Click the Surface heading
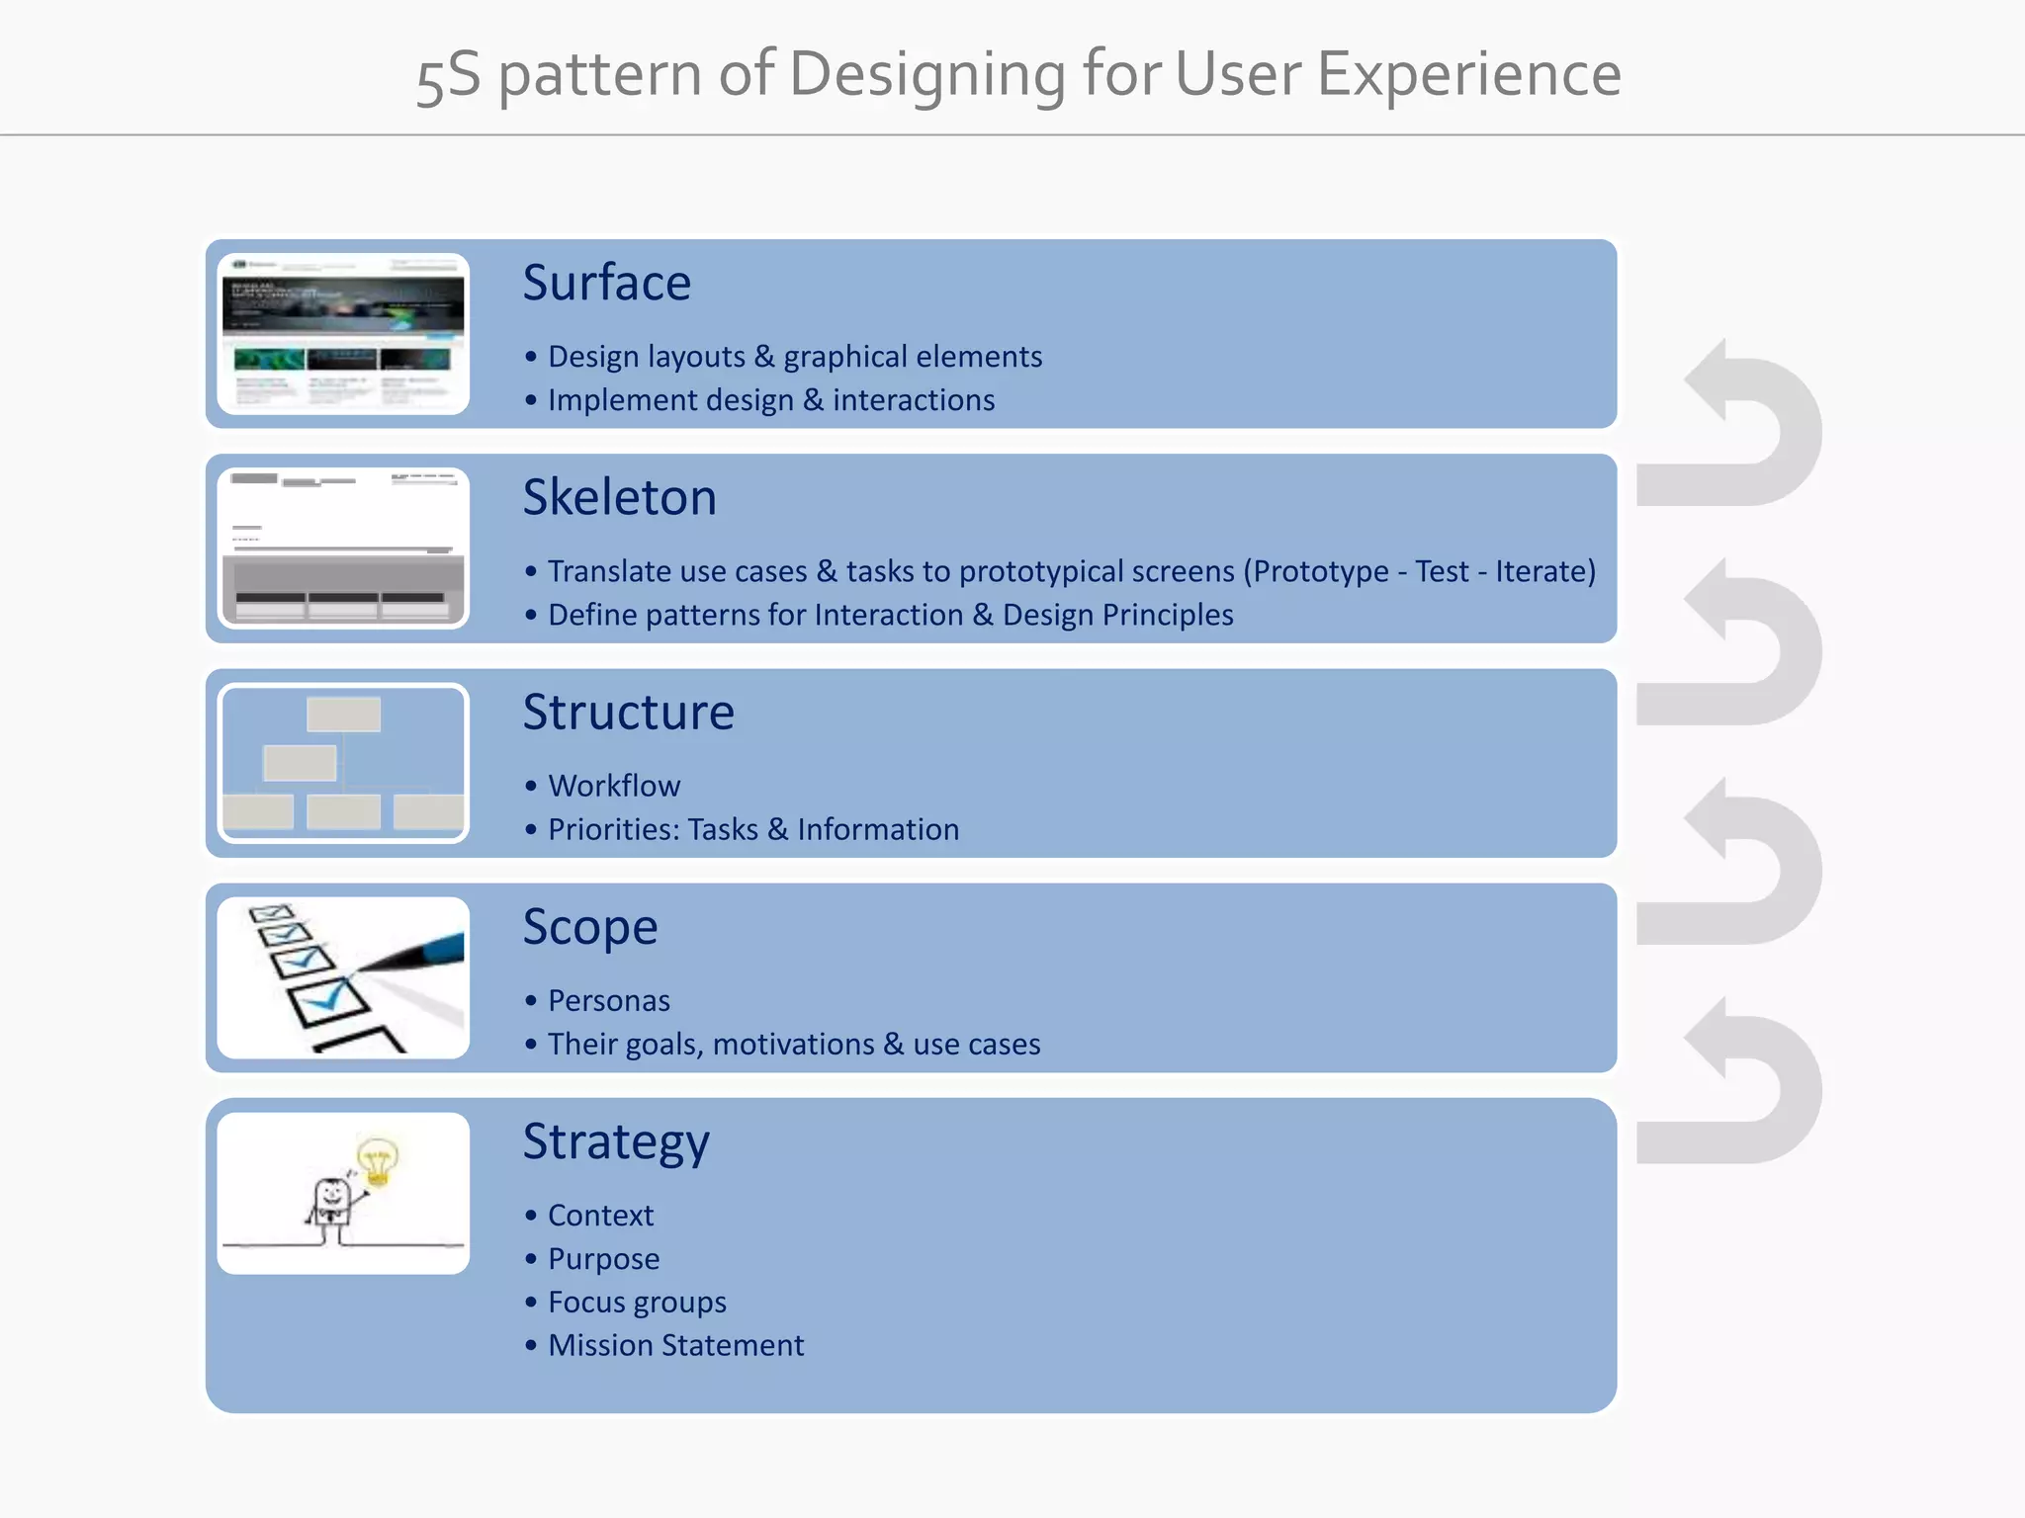606,284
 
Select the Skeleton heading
619,497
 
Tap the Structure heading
628,713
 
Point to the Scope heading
589,928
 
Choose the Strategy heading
615,1142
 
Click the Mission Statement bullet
675,1346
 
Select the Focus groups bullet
637,1303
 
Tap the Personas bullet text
608,1001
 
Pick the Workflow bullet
614,787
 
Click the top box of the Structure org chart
343,714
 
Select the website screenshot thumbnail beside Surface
343,334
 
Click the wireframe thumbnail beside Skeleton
343,548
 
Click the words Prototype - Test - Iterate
1419,571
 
